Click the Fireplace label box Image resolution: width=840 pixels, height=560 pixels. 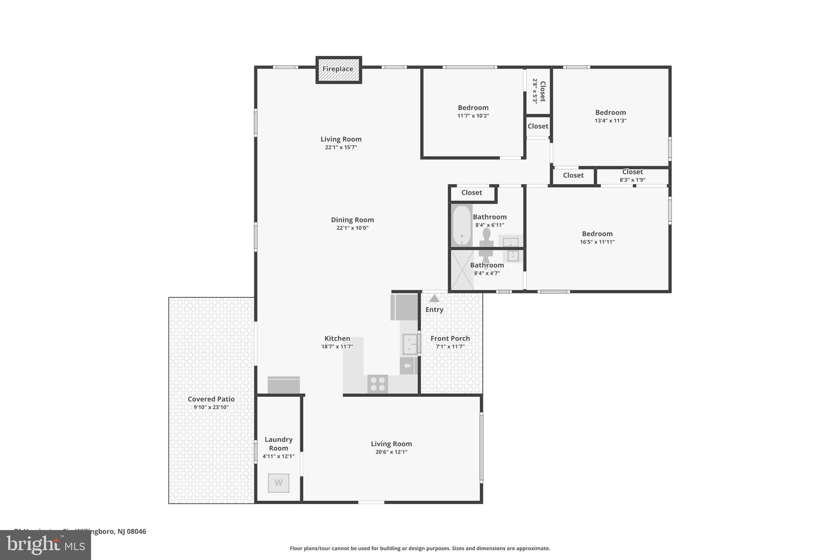coord(338,69)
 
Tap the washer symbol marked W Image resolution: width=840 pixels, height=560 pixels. coord(278,483)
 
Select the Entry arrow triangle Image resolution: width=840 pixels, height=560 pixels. coord(434,299)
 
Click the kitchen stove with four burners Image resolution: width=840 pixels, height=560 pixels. coord(377,384)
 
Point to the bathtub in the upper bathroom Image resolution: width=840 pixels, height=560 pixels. coord(461,226)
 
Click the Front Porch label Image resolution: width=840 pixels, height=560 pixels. coord(450,338)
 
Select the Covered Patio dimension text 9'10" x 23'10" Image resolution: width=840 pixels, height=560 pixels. coord(211,407)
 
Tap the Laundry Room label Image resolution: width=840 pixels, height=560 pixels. coord(278,443)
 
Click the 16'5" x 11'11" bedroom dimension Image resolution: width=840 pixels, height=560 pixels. coord(597,242)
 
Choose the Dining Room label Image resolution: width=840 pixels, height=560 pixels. coord(352,220)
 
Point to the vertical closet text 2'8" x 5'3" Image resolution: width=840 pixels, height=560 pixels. coord(535,91)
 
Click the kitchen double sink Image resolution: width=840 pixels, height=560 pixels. coord(409,344)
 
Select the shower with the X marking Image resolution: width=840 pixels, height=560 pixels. coord(462,270)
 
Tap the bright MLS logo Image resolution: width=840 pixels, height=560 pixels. coord(46,545)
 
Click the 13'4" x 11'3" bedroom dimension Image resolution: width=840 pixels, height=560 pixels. coord(610,121)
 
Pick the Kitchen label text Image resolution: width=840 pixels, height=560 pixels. coord(337,338)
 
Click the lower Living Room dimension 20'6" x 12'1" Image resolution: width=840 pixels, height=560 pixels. coord(391,452)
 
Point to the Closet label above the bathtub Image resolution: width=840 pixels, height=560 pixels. coord(471,193)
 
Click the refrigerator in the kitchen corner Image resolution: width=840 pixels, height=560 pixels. coord(404,307)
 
